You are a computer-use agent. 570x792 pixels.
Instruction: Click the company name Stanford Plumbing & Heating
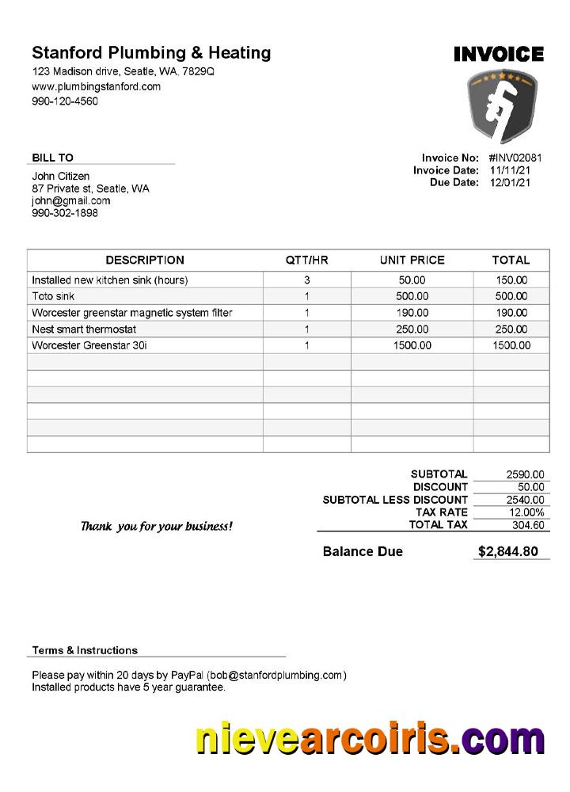coord(151,53)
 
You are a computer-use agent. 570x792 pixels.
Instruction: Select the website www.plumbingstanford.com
coord(96,86)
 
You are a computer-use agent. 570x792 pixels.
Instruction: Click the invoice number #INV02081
coord(515,158)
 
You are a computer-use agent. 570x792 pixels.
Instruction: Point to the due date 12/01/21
coord(510,182)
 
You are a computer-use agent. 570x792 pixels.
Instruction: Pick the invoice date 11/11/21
coord(510,170)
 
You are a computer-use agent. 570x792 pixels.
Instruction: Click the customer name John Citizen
coord(61,176)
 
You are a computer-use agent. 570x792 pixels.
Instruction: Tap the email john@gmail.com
coord(71,200)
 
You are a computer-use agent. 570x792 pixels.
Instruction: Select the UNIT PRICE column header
coord(412,260)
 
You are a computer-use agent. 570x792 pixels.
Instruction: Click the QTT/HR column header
coord(306,260)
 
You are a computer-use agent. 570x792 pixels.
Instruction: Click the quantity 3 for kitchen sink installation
coord(306,280)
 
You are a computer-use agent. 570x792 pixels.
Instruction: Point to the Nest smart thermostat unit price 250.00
coord(412,329)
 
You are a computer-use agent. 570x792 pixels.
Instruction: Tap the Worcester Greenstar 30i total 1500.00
coord(511,345)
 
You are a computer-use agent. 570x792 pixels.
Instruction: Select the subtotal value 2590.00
coord(525,474)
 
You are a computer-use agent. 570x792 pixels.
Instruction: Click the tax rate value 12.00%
coord(525,512)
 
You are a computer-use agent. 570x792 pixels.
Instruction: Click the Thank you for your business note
coord(157,526)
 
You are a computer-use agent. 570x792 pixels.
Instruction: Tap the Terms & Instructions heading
coord(85,650)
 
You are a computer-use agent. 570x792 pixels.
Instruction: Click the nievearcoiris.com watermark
coord(370,741)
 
